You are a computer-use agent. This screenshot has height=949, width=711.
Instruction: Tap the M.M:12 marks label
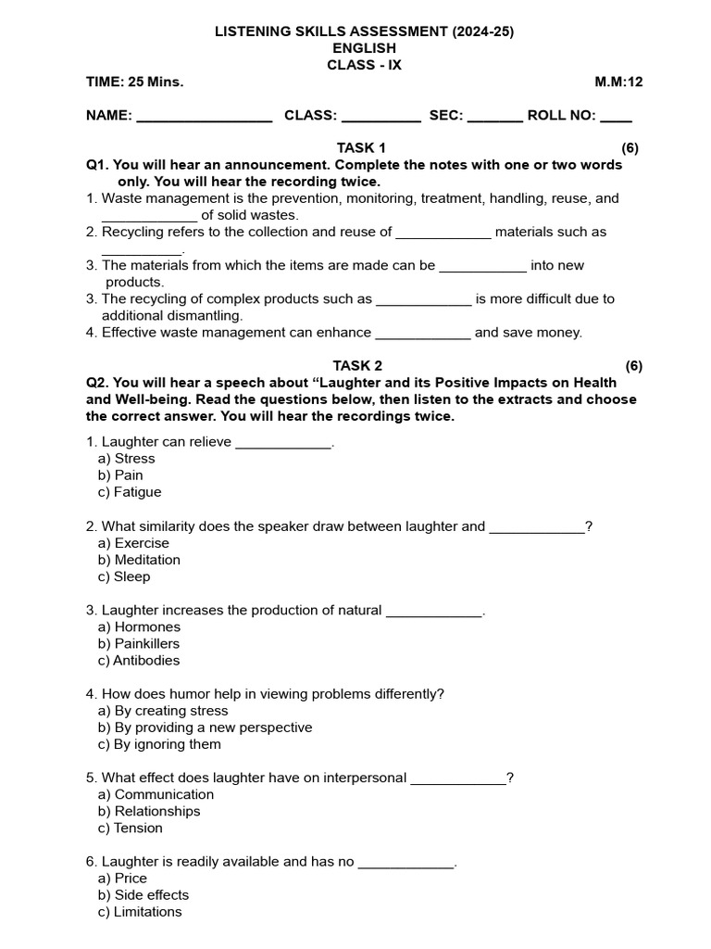coord(618,82)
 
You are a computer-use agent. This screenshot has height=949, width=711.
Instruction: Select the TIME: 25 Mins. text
coord(135,82)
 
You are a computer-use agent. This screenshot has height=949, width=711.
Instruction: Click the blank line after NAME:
coord(204,118)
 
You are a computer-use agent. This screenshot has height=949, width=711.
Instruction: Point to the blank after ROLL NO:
coord(617,118)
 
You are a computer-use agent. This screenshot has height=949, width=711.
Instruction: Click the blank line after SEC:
coord(495,118)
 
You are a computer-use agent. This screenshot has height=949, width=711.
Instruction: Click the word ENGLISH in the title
coord(365,48)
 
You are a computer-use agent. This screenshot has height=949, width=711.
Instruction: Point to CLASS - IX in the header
coord(365,65)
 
